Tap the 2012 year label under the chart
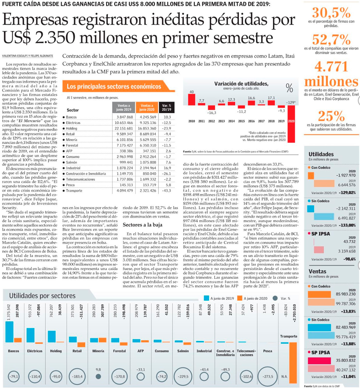coord(211,121)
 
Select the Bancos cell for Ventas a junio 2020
coord(148,117)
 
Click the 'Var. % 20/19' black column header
coord(167,108)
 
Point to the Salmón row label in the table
coord(71,162)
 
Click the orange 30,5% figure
coord(331,13)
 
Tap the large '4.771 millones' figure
coord(331,74)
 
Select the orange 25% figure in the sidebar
coord(331,116)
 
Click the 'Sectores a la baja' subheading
coord(142,225)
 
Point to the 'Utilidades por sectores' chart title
coord(42,296)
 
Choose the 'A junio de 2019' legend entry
coord(219,298)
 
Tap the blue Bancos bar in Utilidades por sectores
coord(9,331)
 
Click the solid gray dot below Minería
coord(98,376)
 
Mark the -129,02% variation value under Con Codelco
coord(347,193)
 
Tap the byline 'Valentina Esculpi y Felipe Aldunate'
coord(27,56)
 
